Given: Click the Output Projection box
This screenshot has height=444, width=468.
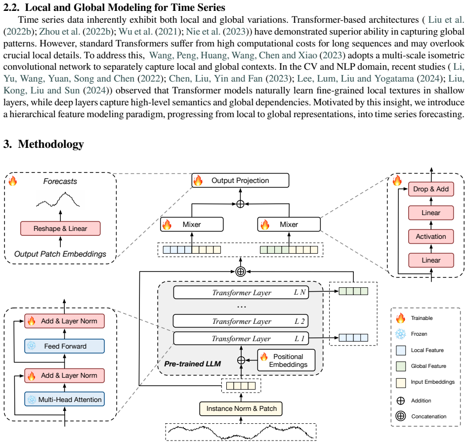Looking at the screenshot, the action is tap(240, 180).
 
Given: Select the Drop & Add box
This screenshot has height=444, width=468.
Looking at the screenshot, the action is tap(431, 189).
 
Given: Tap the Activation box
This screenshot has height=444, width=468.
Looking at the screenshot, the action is tap(431, 236).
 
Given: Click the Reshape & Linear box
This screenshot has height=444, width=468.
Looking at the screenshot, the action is tap(60, 228).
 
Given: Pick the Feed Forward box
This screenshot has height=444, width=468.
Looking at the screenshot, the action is tap(64, 346).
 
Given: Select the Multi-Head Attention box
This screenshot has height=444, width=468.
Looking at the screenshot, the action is tap(64, 399).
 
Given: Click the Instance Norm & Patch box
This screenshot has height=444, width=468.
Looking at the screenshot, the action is tap(241, 408).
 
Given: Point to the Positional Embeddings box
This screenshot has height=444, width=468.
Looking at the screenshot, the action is tap(286, 360).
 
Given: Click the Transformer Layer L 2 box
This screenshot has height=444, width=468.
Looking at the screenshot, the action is tap(241, 321).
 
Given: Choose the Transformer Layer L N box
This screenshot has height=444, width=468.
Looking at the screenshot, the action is tap(241, 292).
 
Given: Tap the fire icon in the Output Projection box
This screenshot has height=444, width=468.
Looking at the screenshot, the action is tap(198, 180).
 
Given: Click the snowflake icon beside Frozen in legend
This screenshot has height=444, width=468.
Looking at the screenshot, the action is tap(401, 334).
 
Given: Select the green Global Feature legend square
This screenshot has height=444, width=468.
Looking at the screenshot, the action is tap(401, 366).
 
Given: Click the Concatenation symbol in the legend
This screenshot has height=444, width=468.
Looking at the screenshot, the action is tap(401, 416).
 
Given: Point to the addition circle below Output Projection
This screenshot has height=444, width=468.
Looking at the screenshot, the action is tap(240, 204).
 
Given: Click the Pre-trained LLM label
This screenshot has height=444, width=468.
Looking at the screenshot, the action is tap(193, 364).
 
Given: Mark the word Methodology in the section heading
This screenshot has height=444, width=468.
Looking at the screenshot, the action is tap(51, 144).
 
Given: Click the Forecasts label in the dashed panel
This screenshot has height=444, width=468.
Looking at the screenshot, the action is tap(60, 181).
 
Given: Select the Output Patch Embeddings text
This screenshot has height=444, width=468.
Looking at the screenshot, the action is tap(60, 254).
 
